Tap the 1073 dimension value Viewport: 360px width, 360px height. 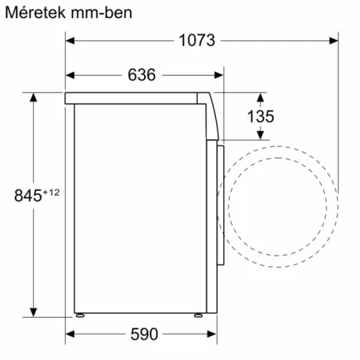tap(197, 40)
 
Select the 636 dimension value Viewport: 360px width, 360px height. tap(142, 75)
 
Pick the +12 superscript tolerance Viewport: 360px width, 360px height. tap(50, 192)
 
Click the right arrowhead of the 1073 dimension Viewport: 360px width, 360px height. tap(335, 40)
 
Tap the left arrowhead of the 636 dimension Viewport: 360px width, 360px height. tap(70, 75)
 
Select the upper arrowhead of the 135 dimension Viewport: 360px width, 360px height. tap(260, 96)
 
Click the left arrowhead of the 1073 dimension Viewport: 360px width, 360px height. tap(70, 40)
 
